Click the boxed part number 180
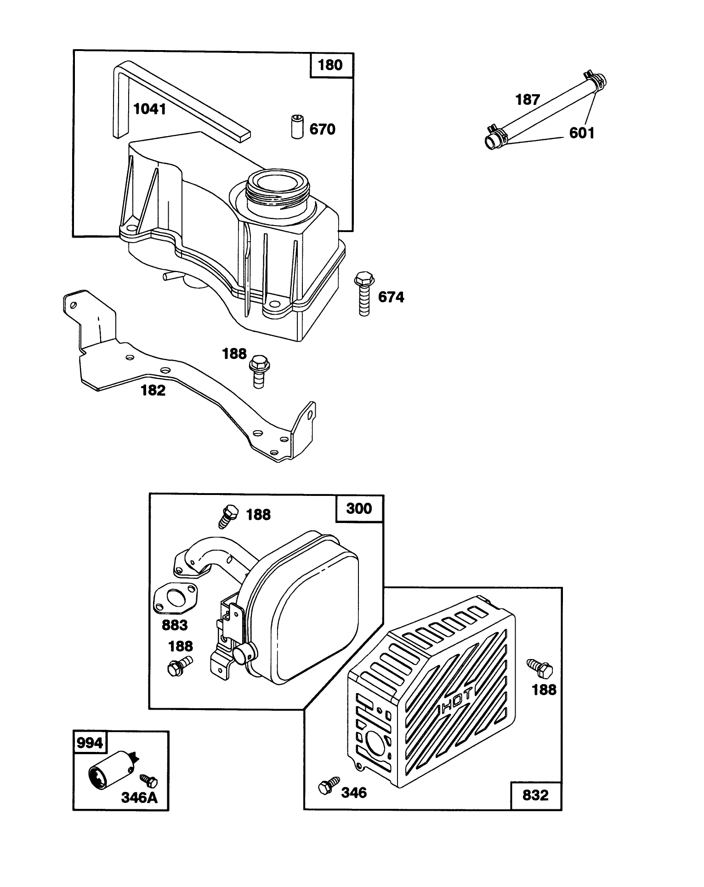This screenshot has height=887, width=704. (330, 65)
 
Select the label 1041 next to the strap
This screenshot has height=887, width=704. (150, 109)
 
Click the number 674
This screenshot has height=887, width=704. (391, 297)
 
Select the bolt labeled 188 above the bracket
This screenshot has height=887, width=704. (258, 370)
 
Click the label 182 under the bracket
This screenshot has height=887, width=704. (153, 390)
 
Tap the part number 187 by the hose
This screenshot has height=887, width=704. (528, 99)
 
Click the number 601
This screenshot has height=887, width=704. (582, 133)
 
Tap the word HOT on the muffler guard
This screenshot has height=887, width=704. (456, 707)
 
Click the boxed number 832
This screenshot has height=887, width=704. (535, 795)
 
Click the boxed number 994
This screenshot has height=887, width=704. (90, 743)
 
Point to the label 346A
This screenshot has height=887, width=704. (139, 797)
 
